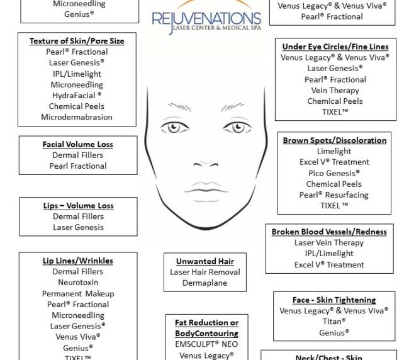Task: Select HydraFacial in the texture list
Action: click(77, 96)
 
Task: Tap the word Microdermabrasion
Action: click(77, 117)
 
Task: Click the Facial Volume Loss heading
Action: click(78, 144)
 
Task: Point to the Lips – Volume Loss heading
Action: click(78, 205)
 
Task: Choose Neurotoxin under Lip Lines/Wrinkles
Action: click(78, 283)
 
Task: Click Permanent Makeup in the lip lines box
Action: click(78, 293)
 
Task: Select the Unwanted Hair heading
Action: click(205, 261)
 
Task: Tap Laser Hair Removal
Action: click(205, 273)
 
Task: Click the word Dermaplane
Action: click(205, 283)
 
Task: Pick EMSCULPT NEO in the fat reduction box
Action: click(206, 345)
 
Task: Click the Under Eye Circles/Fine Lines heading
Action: click(335, 47)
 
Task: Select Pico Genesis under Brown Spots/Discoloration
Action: click(334, 173)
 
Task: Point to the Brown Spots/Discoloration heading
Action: click(334, 140)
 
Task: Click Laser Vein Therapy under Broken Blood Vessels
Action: click(329, 243)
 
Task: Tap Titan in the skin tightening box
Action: click(334, 322)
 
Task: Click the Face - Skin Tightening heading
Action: click(334, 300)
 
